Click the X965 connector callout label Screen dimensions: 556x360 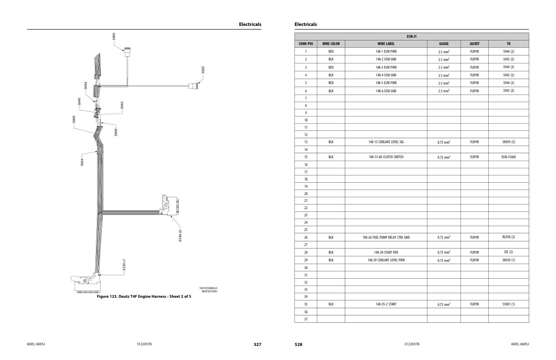114,36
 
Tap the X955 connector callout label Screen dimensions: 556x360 203,70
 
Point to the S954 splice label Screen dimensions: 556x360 86,85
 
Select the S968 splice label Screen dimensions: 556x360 74,119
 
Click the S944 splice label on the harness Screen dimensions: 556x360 82,162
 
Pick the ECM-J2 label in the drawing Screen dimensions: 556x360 180,235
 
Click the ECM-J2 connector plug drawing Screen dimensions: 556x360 170,205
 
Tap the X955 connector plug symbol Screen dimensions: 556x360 194,86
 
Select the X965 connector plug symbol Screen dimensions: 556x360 128,52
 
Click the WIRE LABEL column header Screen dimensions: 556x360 386,44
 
